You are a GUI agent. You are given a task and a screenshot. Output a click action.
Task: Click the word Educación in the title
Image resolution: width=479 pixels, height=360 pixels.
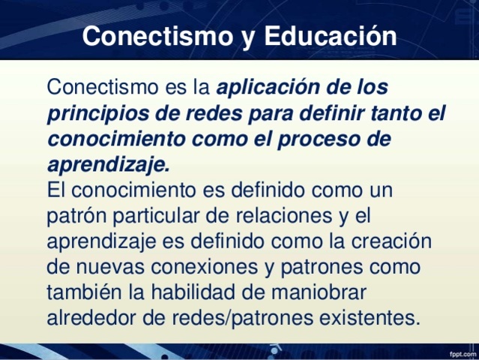[x=330, y=36]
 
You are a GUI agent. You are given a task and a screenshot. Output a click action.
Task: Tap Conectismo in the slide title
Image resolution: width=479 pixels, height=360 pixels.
[x=151, y=36]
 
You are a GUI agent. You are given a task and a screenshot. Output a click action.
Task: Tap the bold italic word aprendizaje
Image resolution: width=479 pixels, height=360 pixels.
[x=108, y=164]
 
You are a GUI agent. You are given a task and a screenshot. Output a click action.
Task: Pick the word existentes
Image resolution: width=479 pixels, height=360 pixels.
[x=360, y=317]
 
